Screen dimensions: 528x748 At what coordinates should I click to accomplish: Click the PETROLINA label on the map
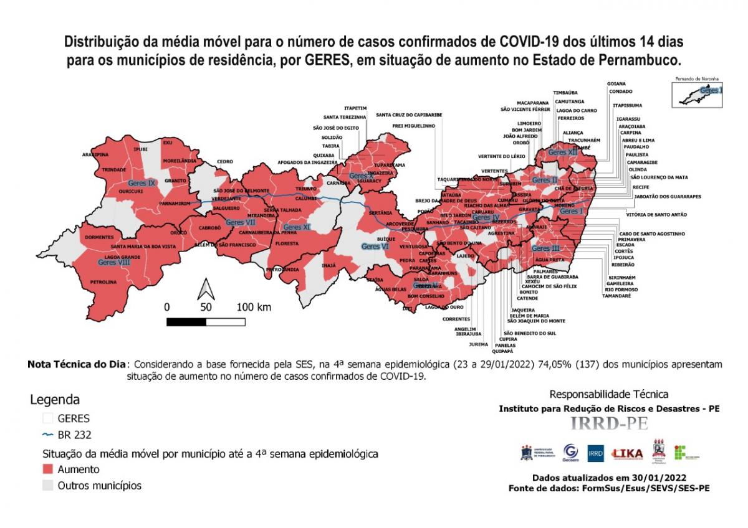pyautogui.click(x=103, y=282)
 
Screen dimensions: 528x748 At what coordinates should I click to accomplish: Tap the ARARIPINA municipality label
pyautogui.click(x=95, y=154)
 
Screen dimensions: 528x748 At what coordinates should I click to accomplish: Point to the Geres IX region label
pyautogui.click(x=141, y=183)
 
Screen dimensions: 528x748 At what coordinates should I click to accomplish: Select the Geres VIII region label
pyautogui.click(x=114, y=263)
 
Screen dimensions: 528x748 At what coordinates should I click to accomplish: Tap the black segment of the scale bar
pyautogui.click(x=186, y=321)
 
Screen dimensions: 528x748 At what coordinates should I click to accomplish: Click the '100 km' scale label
pyautogui.click(x=254, y=307)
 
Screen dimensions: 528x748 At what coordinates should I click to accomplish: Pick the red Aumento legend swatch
pyautogui.click(x=47, y=469)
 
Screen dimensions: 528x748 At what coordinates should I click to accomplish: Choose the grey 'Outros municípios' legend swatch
pyautogui.click(x=47, y=485)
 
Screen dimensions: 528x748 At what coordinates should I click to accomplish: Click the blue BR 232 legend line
pyautogui.click(x=47, y=435)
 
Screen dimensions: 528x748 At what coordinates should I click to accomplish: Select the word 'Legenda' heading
pyautogui.click(x=55, y=400)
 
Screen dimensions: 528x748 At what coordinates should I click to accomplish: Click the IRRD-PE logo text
pyautogui.click(x=609, y=423)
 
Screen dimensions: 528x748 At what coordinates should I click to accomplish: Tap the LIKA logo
pyautogui.click(x=627, y=453)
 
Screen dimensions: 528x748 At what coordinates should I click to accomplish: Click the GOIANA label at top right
pyautogui.click(x=616, y=83)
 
